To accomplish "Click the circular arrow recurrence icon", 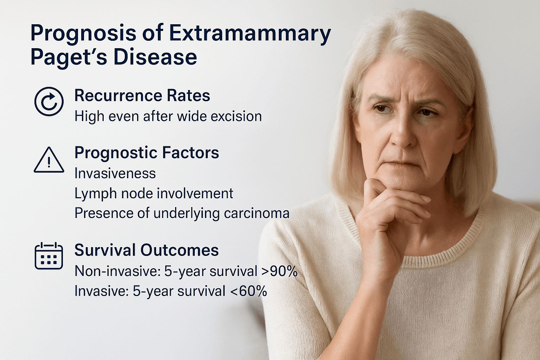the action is tap(49, 101).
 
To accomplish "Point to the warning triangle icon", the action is tap(49, 160).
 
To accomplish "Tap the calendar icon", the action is tap(49, 256).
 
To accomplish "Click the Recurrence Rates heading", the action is tap(142, 96).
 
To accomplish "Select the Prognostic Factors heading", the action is tap(147, 153).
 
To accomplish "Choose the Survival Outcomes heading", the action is tap(147, 250).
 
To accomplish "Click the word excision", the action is tap(236, 116).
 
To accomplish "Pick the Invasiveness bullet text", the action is tap(115, 173).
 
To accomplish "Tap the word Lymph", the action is tap(96, 194).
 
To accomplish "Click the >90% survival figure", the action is tap(279, 271).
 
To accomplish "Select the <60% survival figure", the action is tap(249, 291).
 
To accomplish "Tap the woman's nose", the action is tap(402, 135).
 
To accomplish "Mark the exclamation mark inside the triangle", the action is tap(49, 162).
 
